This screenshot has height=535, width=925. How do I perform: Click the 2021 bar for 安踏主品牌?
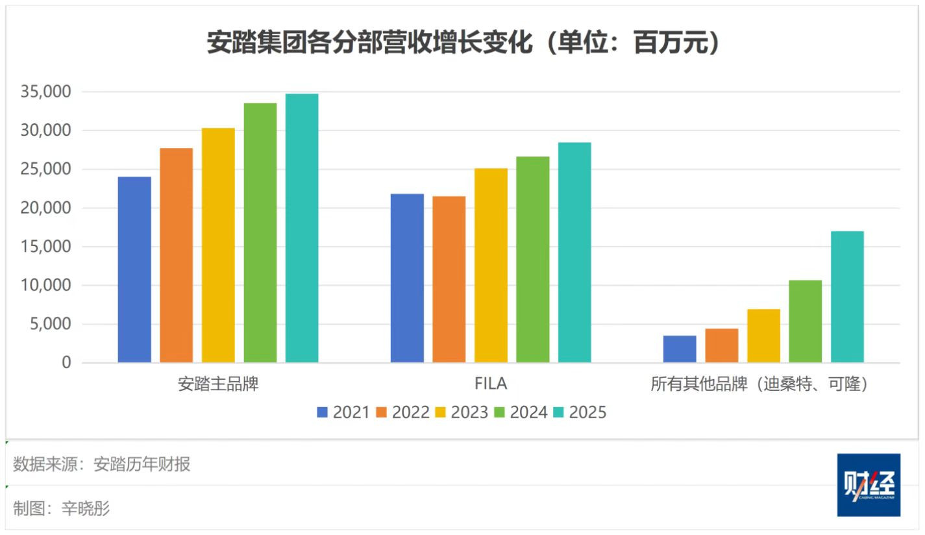click(134, 269)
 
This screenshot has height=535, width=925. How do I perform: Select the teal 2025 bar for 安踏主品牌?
click(302, 228)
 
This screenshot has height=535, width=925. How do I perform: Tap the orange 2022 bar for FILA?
click(449, 279)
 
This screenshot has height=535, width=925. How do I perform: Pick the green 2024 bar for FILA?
click(533, 260)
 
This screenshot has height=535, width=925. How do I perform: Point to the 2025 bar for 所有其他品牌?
click(847, 297)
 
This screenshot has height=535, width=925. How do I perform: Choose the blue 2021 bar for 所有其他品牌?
click(680, 349)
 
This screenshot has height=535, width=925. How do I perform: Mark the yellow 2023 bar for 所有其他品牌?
click(763, 336)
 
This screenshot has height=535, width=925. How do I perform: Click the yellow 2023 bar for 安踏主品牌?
click(218, 245)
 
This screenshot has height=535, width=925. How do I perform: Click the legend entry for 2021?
click(343, 412)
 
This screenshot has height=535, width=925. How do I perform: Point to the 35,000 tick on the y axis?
click(46, 92)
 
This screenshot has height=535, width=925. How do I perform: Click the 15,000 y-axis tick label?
click(46, 247)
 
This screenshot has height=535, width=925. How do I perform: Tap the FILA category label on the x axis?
click(491, 384)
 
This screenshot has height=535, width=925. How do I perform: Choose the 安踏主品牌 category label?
click(218, 384)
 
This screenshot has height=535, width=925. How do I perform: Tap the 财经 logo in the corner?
click(869, 485)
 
